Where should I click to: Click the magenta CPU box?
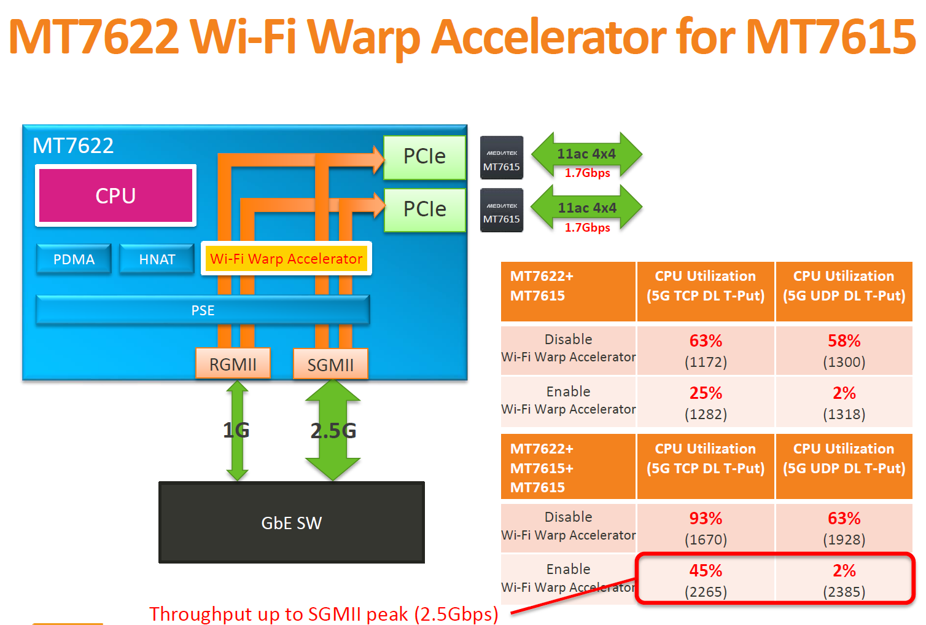pos(115,195)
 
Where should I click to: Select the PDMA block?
pos(74,259)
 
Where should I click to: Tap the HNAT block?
pos(157,259)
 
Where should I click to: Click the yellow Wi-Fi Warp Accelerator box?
pos(286,259)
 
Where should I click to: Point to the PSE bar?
pos(203,310)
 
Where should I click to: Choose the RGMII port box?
pos(233,364)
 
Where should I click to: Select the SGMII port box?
pos(330,364)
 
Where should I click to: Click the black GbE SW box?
pos(291,522)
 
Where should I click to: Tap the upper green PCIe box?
pos(424,157)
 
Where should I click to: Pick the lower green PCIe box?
pos(424,210)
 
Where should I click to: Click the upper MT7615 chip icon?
pos(502,158)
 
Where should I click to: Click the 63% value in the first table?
pos(706,341)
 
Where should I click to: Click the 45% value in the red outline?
pos(706,571)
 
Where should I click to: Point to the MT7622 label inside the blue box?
pos(73,146)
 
